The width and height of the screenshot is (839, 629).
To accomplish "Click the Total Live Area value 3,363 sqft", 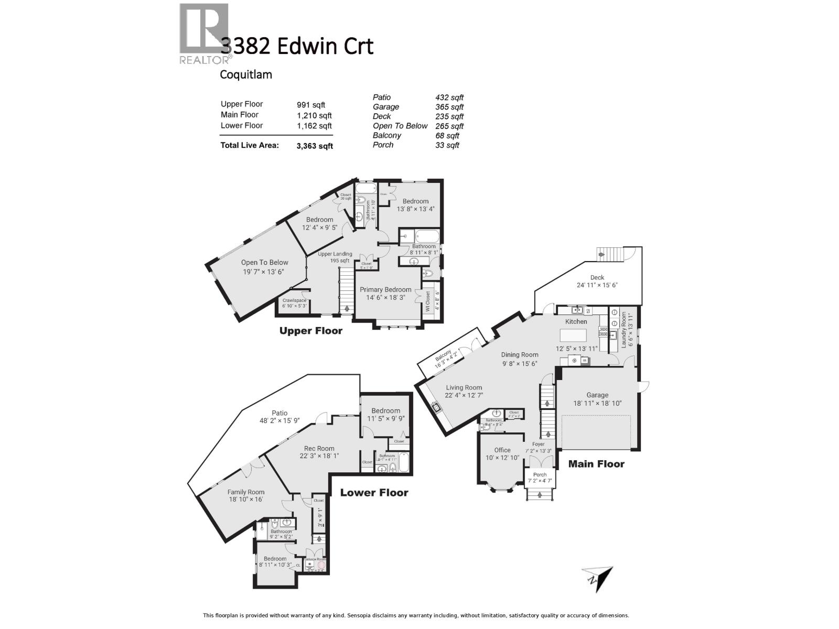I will (315, 146).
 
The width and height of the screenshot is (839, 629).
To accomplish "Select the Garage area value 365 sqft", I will (449, 107).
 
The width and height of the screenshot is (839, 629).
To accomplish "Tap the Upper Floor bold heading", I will (310, 331).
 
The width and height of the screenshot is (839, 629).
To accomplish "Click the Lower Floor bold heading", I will (374, 493).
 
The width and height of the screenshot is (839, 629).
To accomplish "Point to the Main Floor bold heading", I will (596, 464).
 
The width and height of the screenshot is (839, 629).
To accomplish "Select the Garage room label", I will (597, 395).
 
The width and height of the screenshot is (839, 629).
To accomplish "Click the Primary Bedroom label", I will (385, 289).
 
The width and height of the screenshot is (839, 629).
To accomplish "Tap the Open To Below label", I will (264, 263).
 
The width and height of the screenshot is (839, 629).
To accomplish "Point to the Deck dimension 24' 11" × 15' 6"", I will (597, 285).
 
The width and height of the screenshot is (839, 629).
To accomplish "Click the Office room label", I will (502, 450).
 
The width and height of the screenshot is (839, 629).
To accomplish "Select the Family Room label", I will (245, 492).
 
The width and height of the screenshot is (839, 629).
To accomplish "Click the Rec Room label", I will (319, 448).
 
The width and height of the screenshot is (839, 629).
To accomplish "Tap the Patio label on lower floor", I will (279, 413).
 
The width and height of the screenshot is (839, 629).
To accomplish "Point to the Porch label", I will (540, 474).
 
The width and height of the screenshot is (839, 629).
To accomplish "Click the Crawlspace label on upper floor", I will (294, 300).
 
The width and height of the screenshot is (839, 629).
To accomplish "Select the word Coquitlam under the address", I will (245, 74).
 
